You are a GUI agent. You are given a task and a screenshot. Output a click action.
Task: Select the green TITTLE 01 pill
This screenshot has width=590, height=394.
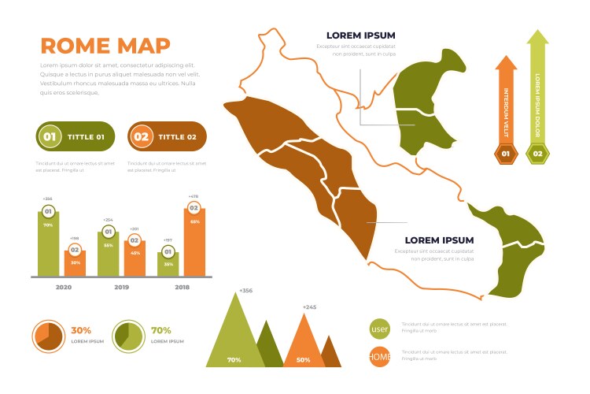[76, 136]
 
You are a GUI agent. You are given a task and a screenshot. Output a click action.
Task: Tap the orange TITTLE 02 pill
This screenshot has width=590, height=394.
[167, 136]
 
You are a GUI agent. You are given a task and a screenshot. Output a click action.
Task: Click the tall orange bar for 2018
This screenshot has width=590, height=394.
[194, 244]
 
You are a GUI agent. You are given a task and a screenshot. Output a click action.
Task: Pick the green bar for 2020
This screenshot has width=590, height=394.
[48, 246]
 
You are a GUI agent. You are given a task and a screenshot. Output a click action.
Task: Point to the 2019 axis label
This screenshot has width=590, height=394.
[121, 288]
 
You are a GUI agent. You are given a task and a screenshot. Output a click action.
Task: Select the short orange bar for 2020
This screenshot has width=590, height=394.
[75, 265]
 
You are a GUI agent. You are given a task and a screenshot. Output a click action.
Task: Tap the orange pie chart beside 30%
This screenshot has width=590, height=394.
[48, 336]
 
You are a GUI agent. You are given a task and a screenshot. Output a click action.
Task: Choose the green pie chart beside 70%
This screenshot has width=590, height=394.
[128, 336]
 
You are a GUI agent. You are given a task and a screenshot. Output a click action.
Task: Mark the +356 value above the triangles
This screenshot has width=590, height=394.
[245, 290]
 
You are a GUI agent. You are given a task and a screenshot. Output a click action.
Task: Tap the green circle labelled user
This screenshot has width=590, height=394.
[380, 329]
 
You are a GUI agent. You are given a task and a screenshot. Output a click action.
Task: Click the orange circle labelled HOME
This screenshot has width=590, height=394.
[380, 357]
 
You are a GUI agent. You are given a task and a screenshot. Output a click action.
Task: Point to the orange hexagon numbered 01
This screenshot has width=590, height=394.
[506, 154]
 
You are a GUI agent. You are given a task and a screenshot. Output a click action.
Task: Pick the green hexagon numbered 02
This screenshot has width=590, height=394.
[538, 154]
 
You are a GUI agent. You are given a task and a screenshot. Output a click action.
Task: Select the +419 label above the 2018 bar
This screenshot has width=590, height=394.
[194, 196]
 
